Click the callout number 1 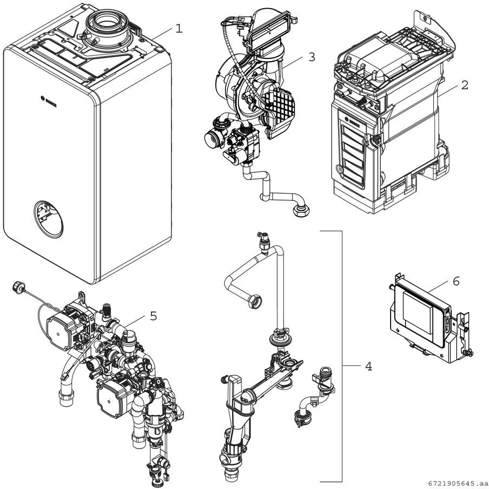pos(179,28)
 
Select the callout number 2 pos(465,85)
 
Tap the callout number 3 pos(311,56)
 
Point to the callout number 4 pos(368,366)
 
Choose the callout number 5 pos(154,316)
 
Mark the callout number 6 pos(456,281)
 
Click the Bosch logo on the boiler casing pos(49,100)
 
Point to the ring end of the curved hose pos(256,298)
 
